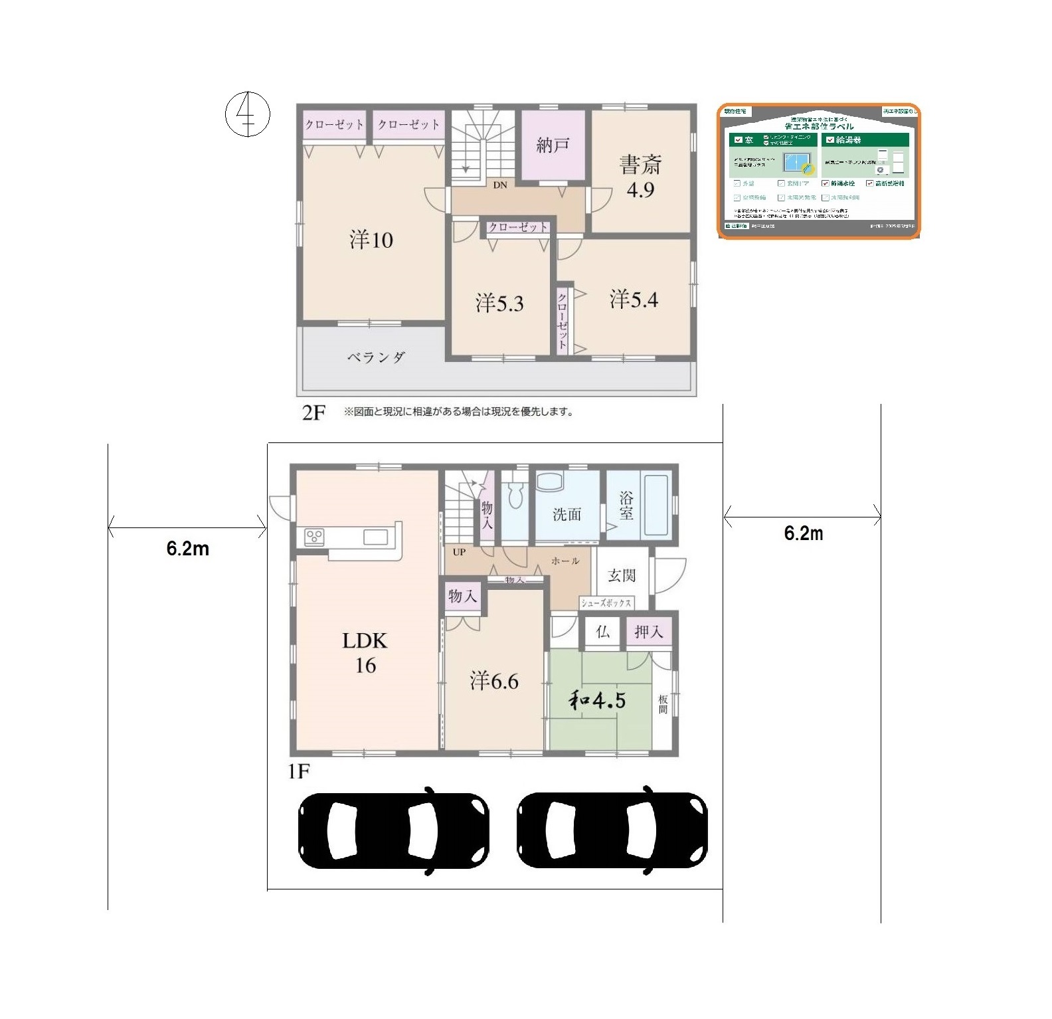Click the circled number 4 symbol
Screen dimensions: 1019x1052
click(248, 114)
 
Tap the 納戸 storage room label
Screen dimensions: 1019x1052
click(553, 145)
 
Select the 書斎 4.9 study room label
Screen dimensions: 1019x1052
click(640, 176)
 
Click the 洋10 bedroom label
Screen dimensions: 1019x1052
click(371, 239)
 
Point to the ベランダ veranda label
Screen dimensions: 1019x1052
click(376, 357)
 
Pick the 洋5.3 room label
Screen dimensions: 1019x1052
click(499, 304)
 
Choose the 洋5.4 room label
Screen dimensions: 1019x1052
click(634, 300)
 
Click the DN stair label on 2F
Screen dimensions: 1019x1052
click(500, 185)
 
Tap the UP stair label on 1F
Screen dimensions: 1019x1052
click(459, 552)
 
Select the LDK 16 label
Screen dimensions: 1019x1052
click(365, 652)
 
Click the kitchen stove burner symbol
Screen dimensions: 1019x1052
click(314, 537)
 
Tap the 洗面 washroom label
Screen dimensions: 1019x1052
click(567, 514)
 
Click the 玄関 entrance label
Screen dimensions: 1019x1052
click(622, 575)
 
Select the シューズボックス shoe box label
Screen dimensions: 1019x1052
click(606, 603)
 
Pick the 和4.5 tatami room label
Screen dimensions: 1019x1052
click(597, 700)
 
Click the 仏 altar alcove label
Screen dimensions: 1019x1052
click(602, 632)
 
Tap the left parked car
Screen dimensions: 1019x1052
click(394, 830)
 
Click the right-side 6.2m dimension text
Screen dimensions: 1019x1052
click(804, 533)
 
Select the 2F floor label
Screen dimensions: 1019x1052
click(313, 413)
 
